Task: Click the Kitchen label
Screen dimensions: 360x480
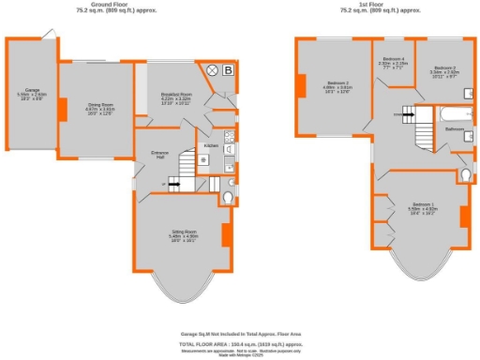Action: coord(211,147)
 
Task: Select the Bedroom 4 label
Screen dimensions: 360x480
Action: coord(391,85)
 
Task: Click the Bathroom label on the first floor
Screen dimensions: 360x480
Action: coord(456,128)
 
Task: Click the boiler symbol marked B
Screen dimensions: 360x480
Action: coord(231,70)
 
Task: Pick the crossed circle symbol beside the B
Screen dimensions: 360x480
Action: coord(212,70)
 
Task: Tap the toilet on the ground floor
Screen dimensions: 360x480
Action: coord(229,198)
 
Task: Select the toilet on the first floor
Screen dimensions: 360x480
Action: coord(464,176)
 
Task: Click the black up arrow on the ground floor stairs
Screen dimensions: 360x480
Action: coord(176,185)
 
